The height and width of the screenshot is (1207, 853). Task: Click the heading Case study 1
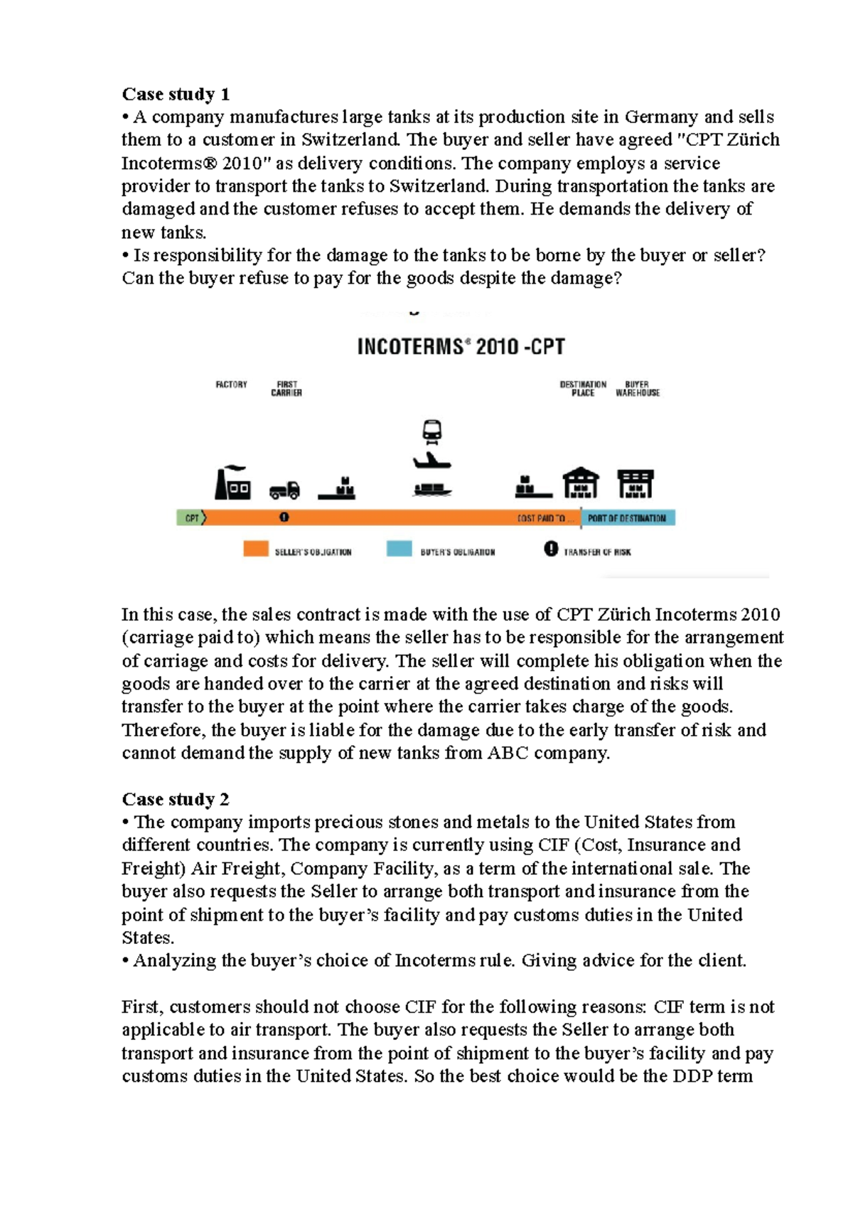(176, 94)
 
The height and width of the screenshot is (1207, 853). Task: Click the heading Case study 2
(176, 799)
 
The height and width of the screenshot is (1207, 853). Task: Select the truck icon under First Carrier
(284, 490)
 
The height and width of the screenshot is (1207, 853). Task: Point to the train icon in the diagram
(431, 431)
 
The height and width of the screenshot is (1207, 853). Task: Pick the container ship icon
(432, 489)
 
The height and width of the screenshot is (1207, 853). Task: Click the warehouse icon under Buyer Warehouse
(635, 484)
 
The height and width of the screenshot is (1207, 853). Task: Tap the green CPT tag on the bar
(191, 518)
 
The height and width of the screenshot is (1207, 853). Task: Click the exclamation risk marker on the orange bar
(284, 517)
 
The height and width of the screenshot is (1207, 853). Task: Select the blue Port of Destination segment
(628, 518)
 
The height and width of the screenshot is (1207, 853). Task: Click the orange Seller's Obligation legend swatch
(256, 549)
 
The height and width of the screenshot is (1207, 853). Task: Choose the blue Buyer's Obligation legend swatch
(399, 549)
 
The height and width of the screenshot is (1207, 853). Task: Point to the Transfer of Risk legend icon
(551, 549)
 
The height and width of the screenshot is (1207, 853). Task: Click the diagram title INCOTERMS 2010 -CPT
(461, 347)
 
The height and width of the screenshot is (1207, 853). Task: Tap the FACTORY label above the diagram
(232, 385)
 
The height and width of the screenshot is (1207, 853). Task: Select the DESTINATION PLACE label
(583, 388)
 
